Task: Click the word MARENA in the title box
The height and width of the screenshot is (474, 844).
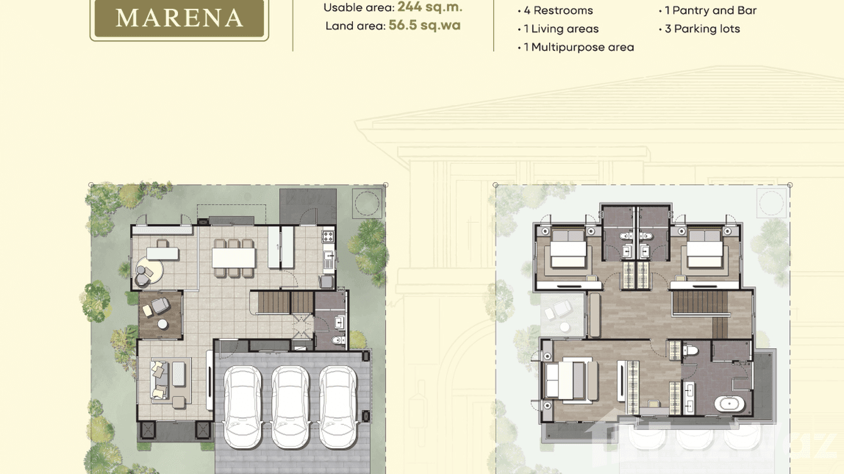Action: [x=179, y=18]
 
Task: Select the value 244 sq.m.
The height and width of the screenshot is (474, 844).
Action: [x=430, y=8]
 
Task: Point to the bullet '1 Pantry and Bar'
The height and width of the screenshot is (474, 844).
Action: [x=710, y=11]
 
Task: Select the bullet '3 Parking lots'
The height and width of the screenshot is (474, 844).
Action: [x=702, y=29]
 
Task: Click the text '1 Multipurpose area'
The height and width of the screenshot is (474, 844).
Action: [x=579, y=47]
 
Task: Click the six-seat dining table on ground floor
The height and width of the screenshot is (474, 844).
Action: [x=233, y=258]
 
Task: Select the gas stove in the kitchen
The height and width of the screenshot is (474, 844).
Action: [x=328, y=237]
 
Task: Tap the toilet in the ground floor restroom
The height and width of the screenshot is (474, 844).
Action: [x=338, y=341]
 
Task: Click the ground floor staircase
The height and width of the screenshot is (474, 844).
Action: [x=282, y=302]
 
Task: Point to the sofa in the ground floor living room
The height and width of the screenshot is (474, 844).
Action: [x=160, y=379]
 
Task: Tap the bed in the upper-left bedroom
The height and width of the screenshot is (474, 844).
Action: [x=568, y=250]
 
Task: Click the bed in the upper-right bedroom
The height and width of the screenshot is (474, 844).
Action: [x=704, y=250]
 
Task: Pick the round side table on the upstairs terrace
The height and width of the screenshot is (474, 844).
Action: [x=564, y=327]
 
